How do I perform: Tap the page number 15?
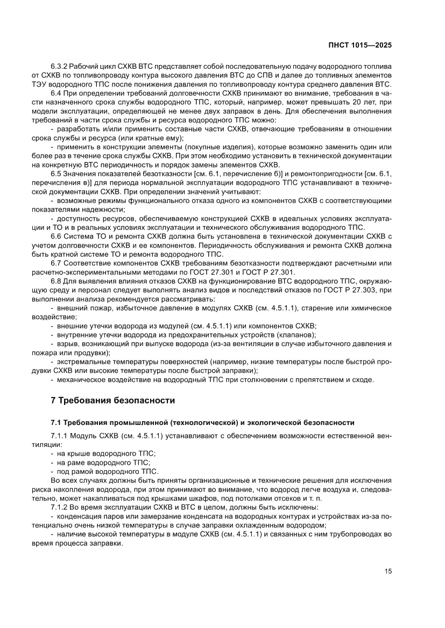388,571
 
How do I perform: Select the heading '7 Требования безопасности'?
112,400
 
